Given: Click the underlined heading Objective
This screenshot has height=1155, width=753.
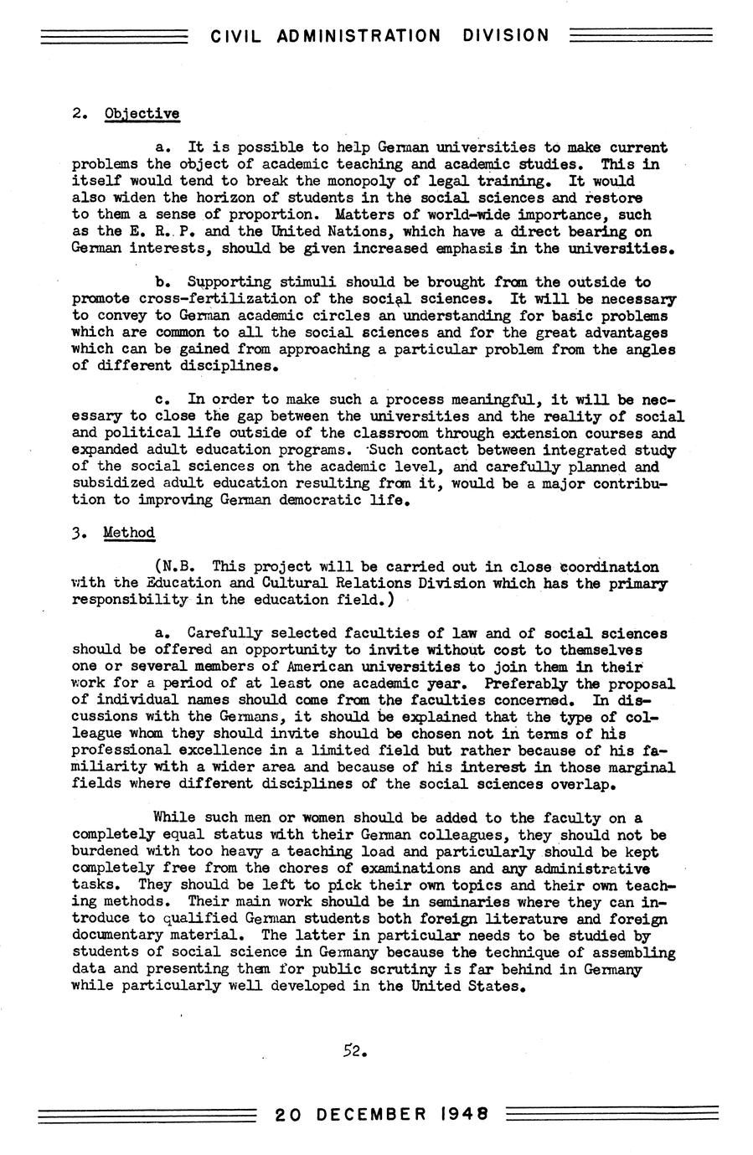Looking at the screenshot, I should tap(142, 114).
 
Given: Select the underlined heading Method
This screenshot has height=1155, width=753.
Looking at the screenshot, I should tap(129, 533).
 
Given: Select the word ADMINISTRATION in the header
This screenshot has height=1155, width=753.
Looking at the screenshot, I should tap(358, 36).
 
